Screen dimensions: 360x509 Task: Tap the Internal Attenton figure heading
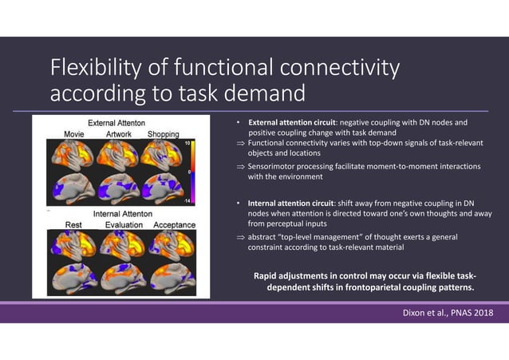124,214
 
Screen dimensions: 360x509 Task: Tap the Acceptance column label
173,225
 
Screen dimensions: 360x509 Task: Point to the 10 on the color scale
187,142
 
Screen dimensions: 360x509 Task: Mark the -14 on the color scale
187,201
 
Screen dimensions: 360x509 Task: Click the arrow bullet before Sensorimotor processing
242,166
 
